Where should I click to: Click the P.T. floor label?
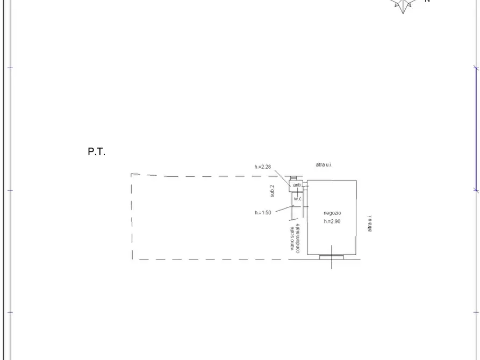click(96, 151)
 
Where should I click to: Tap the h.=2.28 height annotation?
click(263, 167)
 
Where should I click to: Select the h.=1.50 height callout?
click(263, 212)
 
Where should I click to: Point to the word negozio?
click(332, 213)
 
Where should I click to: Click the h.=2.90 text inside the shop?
click(332, 221)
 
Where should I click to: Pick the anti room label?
click(297, 185)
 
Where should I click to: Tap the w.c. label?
click(298, 199)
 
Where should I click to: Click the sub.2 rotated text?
click(272, 191)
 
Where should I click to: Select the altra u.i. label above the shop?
click(324, 165)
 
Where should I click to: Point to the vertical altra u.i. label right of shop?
click(369, 223)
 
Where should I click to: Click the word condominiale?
click(298, 238)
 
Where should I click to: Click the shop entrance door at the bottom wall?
click(332, 257)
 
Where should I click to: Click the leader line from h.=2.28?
click(282, 178)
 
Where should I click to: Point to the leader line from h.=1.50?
click(284, 209)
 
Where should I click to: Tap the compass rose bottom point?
click(403, 13)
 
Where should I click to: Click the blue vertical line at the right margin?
click(476, 129)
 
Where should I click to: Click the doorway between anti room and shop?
click(305, 185)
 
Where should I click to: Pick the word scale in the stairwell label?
click(292, 233)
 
